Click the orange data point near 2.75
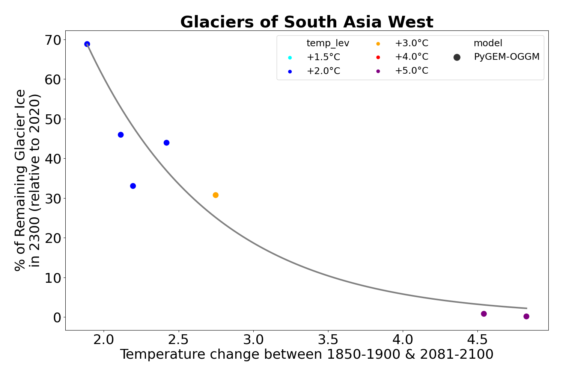coord(215,195)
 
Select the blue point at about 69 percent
coord(87,44)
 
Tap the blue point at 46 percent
coord(121,135)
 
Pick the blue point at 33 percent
coord(133,186)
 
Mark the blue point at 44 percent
coord(167,143)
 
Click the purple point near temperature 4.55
coord(484,314)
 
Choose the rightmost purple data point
coord(526,317)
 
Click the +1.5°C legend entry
coord(323,57)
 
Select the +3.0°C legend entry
coord(411,43)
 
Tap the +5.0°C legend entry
coord(411,71)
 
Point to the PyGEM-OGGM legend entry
coord(507,57)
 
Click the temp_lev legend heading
coord(328,43)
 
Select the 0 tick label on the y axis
coord(57,317)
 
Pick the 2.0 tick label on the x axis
coord(104,340)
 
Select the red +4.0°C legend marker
coord(378,57)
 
